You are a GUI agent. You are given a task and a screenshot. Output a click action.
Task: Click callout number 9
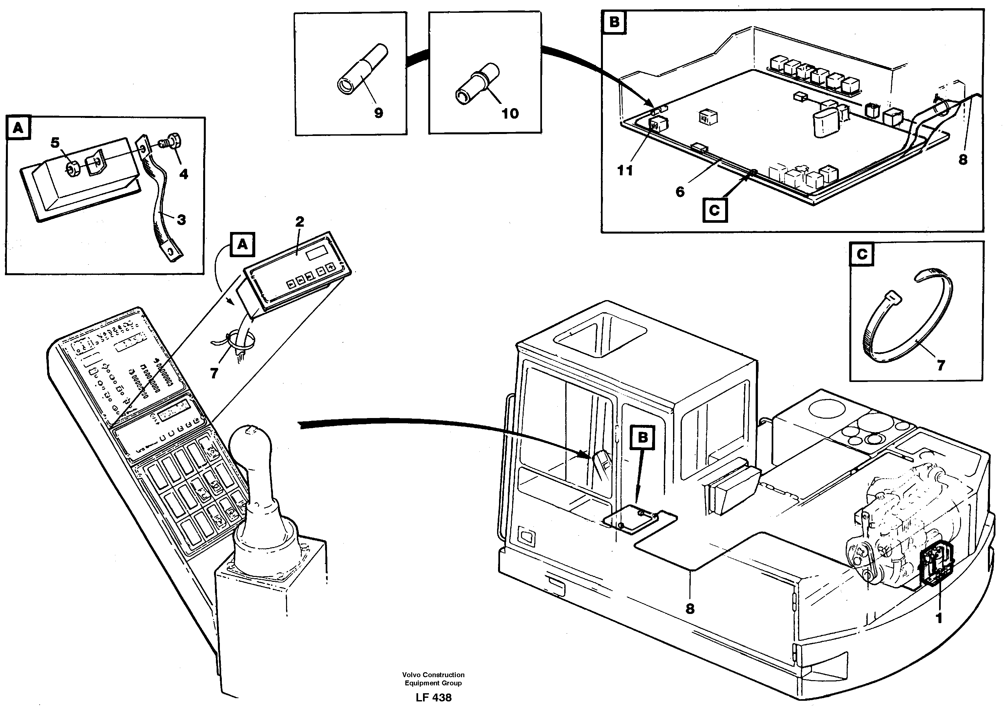[378, 113]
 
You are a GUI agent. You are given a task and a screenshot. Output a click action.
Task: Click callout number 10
[510, 114]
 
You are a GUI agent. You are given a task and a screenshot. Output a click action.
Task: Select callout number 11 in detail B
[625, 170]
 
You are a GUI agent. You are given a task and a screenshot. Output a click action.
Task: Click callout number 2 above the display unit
[299, 221]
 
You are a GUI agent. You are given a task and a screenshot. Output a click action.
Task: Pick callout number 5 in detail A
[55, 143]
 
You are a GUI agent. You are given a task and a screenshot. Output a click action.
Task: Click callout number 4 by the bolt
[184, 174]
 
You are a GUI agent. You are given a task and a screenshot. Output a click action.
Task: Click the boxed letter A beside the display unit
[242, 245]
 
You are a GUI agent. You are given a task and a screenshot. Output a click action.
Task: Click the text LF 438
[434, 697]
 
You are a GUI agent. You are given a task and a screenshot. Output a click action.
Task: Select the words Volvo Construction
[434, 675]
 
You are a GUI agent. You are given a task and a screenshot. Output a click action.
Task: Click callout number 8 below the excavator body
[690, 609]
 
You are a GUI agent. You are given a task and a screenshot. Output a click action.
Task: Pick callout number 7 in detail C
[940, 365]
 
